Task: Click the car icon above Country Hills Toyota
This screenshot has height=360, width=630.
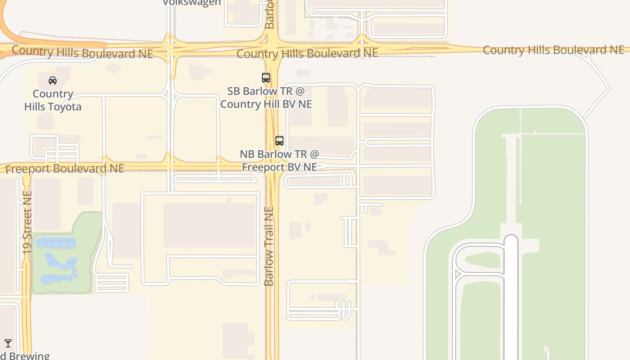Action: click(x=53, y=81)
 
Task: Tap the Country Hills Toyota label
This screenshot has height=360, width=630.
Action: click(x=53, y=100)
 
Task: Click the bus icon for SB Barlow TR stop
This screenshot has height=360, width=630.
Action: click(x=266, y=78)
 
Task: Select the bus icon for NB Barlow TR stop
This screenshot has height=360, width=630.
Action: click(x=279, y=141)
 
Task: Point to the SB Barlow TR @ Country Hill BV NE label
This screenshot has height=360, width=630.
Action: click(x=266, y=97)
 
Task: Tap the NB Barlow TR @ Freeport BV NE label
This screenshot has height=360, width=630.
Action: click(x=279, y=161)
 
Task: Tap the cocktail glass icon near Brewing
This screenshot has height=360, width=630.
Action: click(x=8, y=343)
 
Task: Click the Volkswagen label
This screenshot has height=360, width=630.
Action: click(x=192, y=3)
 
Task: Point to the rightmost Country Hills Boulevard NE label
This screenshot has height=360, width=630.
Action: click(x=553, y=50)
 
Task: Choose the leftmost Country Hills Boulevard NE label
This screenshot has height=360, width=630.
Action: click(x=82, y=52)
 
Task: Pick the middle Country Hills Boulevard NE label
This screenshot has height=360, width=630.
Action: click(x=307, y=54)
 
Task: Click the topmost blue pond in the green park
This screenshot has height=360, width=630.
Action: click(x=56, y=243)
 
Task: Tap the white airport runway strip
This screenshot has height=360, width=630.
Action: click(x=511, y=297)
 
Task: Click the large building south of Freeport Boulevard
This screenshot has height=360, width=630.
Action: click(x=209, y=225)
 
